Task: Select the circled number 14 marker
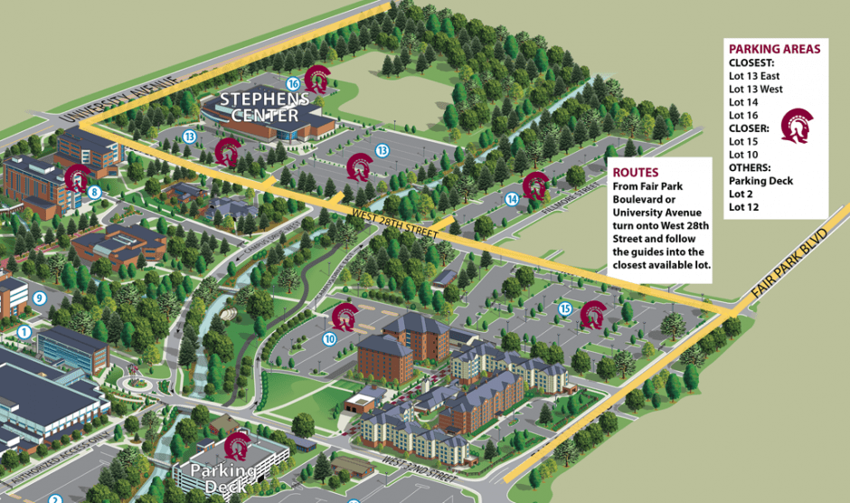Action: (x=513, y=199)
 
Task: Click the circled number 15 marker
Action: (x=565, y=309)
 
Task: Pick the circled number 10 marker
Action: (x=329, y=338)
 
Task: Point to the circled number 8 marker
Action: (x=93, y=191)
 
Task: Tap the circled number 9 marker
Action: (x=39, y=297)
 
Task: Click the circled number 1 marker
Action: (x=24, y=332)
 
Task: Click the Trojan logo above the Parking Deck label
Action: (x=237, y=446)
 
